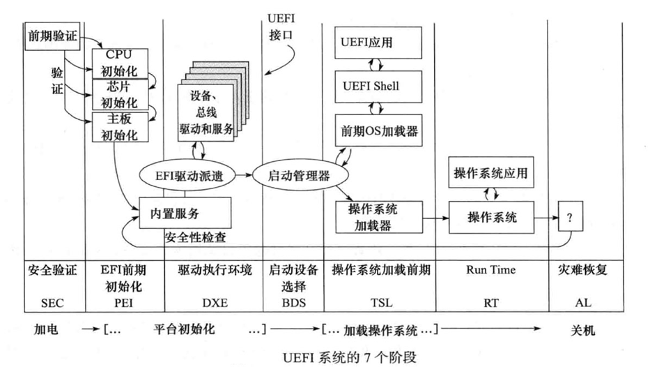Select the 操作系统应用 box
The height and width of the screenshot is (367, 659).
[490, 172]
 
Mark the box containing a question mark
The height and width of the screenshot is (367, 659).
[570, 218]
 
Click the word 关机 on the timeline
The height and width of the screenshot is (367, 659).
[580, 330]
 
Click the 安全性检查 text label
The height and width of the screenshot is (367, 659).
[196, 238]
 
